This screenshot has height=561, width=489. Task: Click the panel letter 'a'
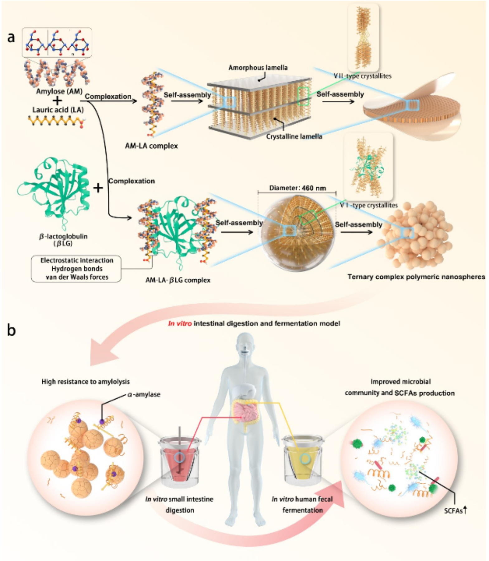click(x=11, y=37)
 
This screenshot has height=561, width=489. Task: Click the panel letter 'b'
click(x=11, y=330)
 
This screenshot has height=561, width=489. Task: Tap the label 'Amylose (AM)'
click(x=59, y=92)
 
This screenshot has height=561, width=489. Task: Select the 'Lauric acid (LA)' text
click(x=58, y=110)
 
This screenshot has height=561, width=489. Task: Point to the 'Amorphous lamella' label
click(x=258, y=68)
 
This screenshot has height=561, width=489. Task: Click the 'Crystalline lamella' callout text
click(x=294, y=136)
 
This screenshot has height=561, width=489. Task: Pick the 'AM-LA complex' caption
click(x=151, y=146)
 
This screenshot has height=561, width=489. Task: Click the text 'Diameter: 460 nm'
click(x=297, y=188)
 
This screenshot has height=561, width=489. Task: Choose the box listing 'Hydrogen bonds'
click(x=77, y=269)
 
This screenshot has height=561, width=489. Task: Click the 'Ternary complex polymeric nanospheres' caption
click(x=416, y=277)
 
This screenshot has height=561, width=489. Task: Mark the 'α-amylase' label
click(x=144, y=395)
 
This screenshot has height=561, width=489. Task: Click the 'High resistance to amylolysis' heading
click(x=86, y=382)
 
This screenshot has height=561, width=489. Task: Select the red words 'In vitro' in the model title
click(x=180, y=324)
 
